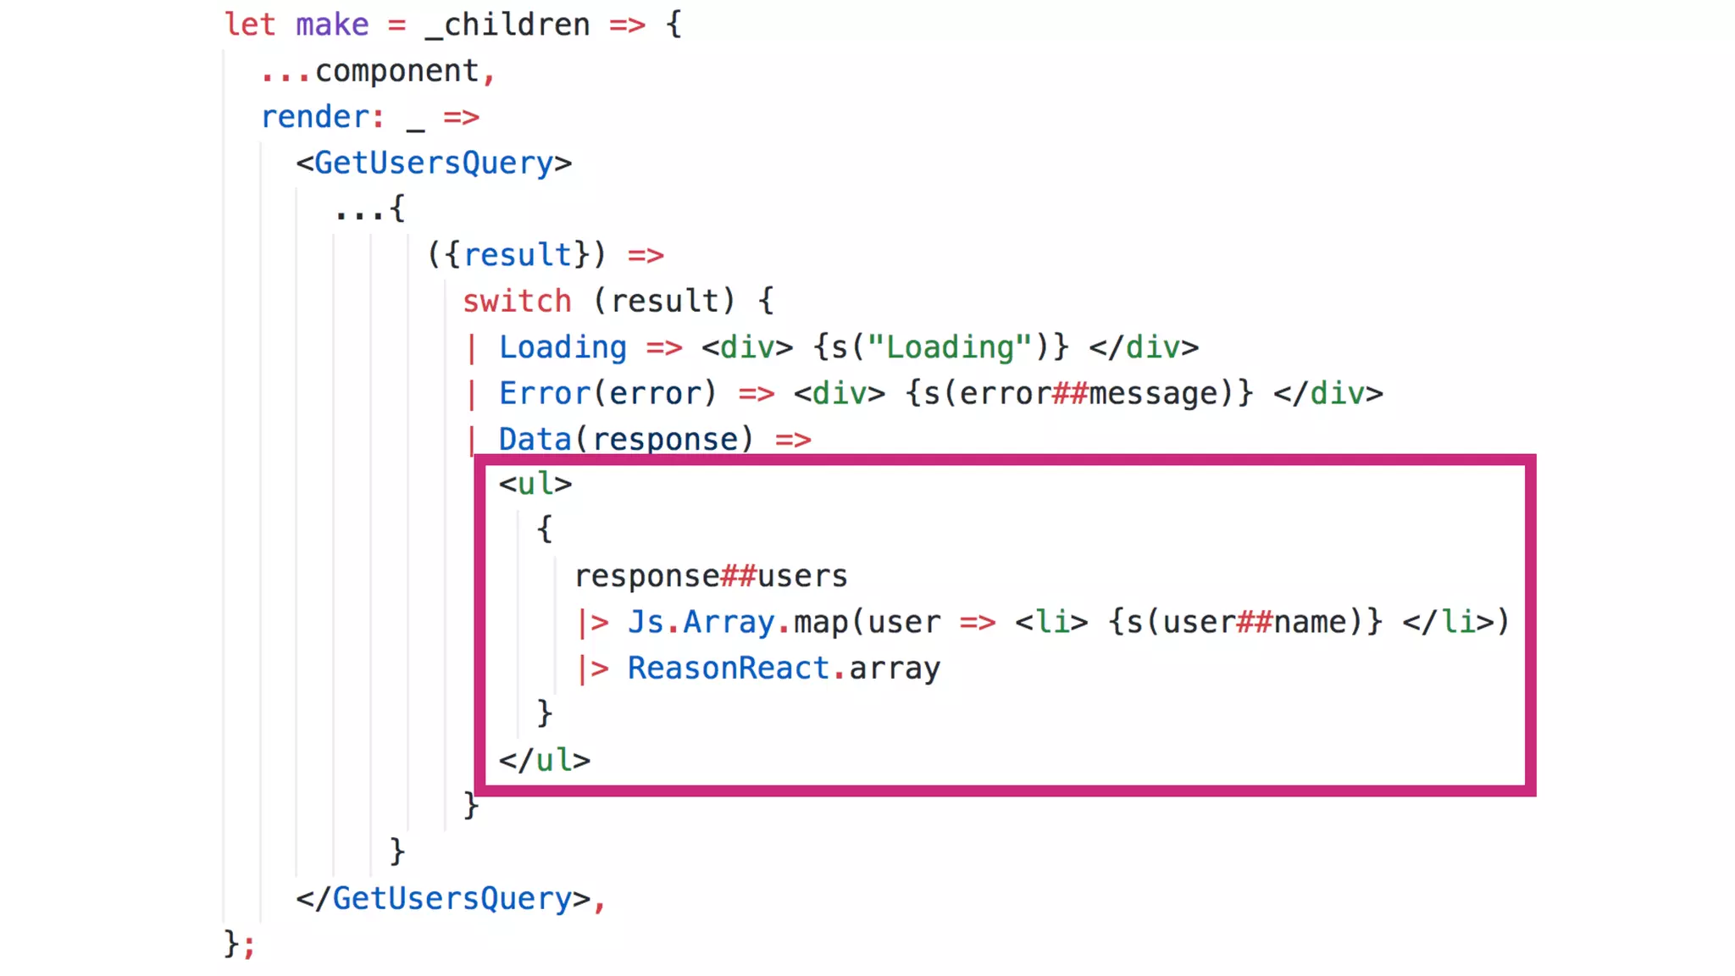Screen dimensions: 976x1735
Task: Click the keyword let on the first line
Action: pyautogui.click(x=250, y=25)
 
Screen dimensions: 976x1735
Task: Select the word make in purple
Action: pyautogui.click(x=332, y=25)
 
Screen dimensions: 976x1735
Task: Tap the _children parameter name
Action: pyautogui.click(x=507, y=25)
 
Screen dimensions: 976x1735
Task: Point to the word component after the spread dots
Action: pyautogui.click(x=397, y=71)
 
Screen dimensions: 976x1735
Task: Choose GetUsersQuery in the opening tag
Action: pyautogui.click(x=434, y=163)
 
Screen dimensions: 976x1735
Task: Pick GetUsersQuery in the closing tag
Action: pyautogui.click(x=452, y=898)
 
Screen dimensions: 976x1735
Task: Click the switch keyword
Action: pyautogui.click(x=517, y=301)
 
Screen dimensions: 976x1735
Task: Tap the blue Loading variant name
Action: pyautogui.click(x=563, y=347)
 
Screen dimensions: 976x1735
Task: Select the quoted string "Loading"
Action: pyautogui.click(x=950, y=347)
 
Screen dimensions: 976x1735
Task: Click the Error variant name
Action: pyautogui.click(x=545, y=393)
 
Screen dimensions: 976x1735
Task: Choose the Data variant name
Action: pyautogui.click(x=535, y=439)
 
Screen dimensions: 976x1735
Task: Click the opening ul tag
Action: pyautogui.click(x=535, y=484)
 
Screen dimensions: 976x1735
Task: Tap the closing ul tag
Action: pyautogui.click(x=545, y=760)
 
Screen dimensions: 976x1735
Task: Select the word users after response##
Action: pyautogui.click(x=802, y=576)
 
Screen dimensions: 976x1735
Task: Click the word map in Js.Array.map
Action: pyautogui.click(x=821, y=622)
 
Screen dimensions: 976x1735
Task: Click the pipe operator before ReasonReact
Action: pyautogui.click(x=593, y=668)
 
